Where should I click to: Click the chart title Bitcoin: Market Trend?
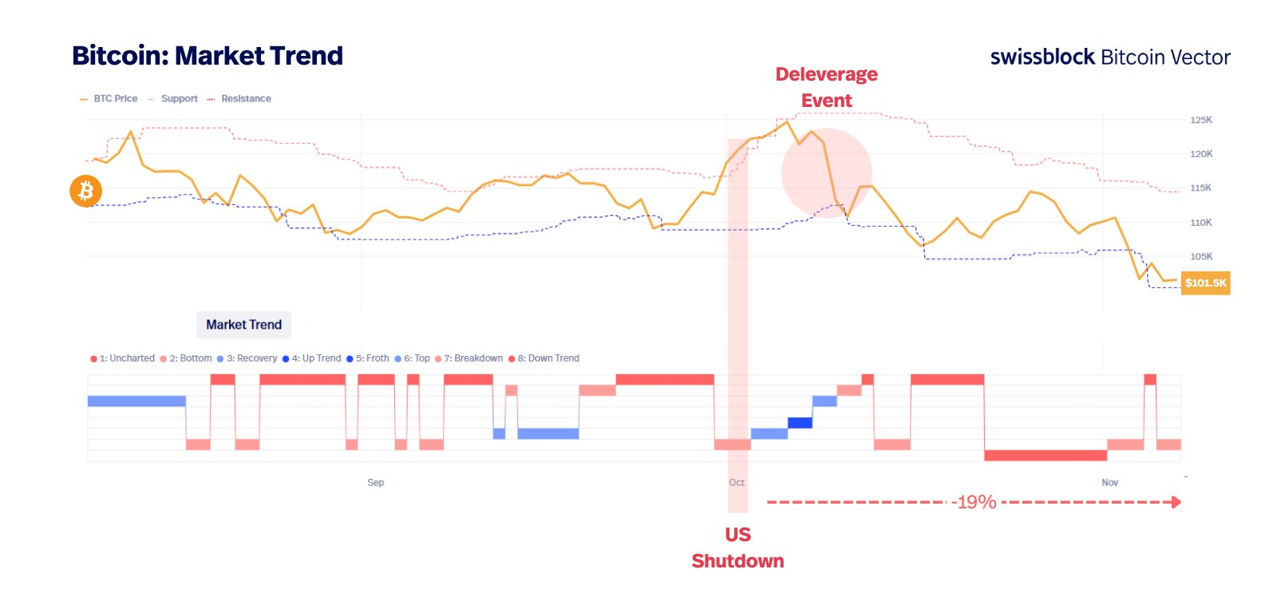(x=208, y=56)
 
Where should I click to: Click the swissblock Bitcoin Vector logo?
(x=1109, y=57)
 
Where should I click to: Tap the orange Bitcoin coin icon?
(x=85, y=192)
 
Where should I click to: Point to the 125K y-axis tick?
(x=1200, y=121)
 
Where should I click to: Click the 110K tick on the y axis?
(x=1200, y=223)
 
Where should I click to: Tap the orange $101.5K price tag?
(x=1205, y=283)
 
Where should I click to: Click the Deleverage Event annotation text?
(x=826, y=87)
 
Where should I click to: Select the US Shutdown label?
(x=737, y=547)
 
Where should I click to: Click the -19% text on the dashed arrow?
(x=974, y=502)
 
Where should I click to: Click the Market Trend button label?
(x=243, y=325)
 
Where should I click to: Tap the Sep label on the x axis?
(x=375, y=483)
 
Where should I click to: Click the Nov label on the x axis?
(x=1109, y=483)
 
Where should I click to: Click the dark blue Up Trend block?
(x=800, y=423)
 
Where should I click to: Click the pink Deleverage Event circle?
(x=826, y=172)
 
